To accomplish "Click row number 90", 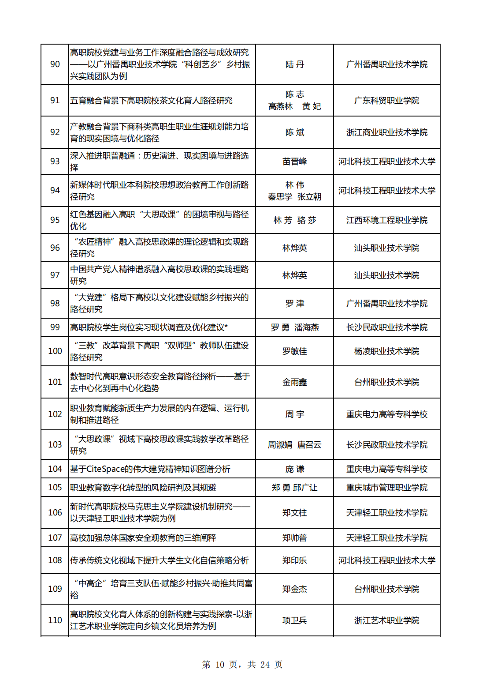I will pyautogui.click(x=55, y=64).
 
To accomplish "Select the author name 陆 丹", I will pyautogui.click(x=294, y=64).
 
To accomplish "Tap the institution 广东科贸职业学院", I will pyautogui.click(x=386, y=101).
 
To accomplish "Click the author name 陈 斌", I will pyautogui.click(x=294, y=132).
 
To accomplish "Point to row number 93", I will pyautogui.click(x=55, y=162).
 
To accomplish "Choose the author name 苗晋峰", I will pyautogui.click(x=294, y=162).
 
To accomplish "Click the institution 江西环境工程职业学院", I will pyautogui.click(x=386, y=220).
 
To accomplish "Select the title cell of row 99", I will pyautogui.click(x=149, y=327).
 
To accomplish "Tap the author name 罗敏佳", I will pyautogui.click(x=294, y=351).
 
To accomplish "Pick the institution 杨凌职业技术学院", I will pyautogui.click(x=386, y=351).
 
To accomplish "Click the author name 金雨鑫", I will pyautogui.click(x=294, y=382).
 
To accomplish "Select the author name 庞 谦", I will pyautogui.click(x=294, y=469).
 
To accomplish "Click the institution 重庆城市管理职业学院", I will pyautogui.click(x=386, y=488).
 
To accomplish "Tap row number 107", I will pyautogui.click(x=55, y=538).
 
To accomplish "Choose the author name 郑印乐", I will pyautogui.click(x=294, y=560).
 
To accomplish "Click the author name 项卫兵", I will pyautogui.click(x=294, y=620).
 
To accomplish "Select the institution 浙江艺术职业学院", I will pyautogui.click(x=386, y=620).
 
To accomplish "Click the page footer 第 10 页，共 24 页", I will pyautogui.click(x=242, y=665).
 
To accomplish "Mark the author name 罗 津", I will pyautogui.click(x=294, y=304).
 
